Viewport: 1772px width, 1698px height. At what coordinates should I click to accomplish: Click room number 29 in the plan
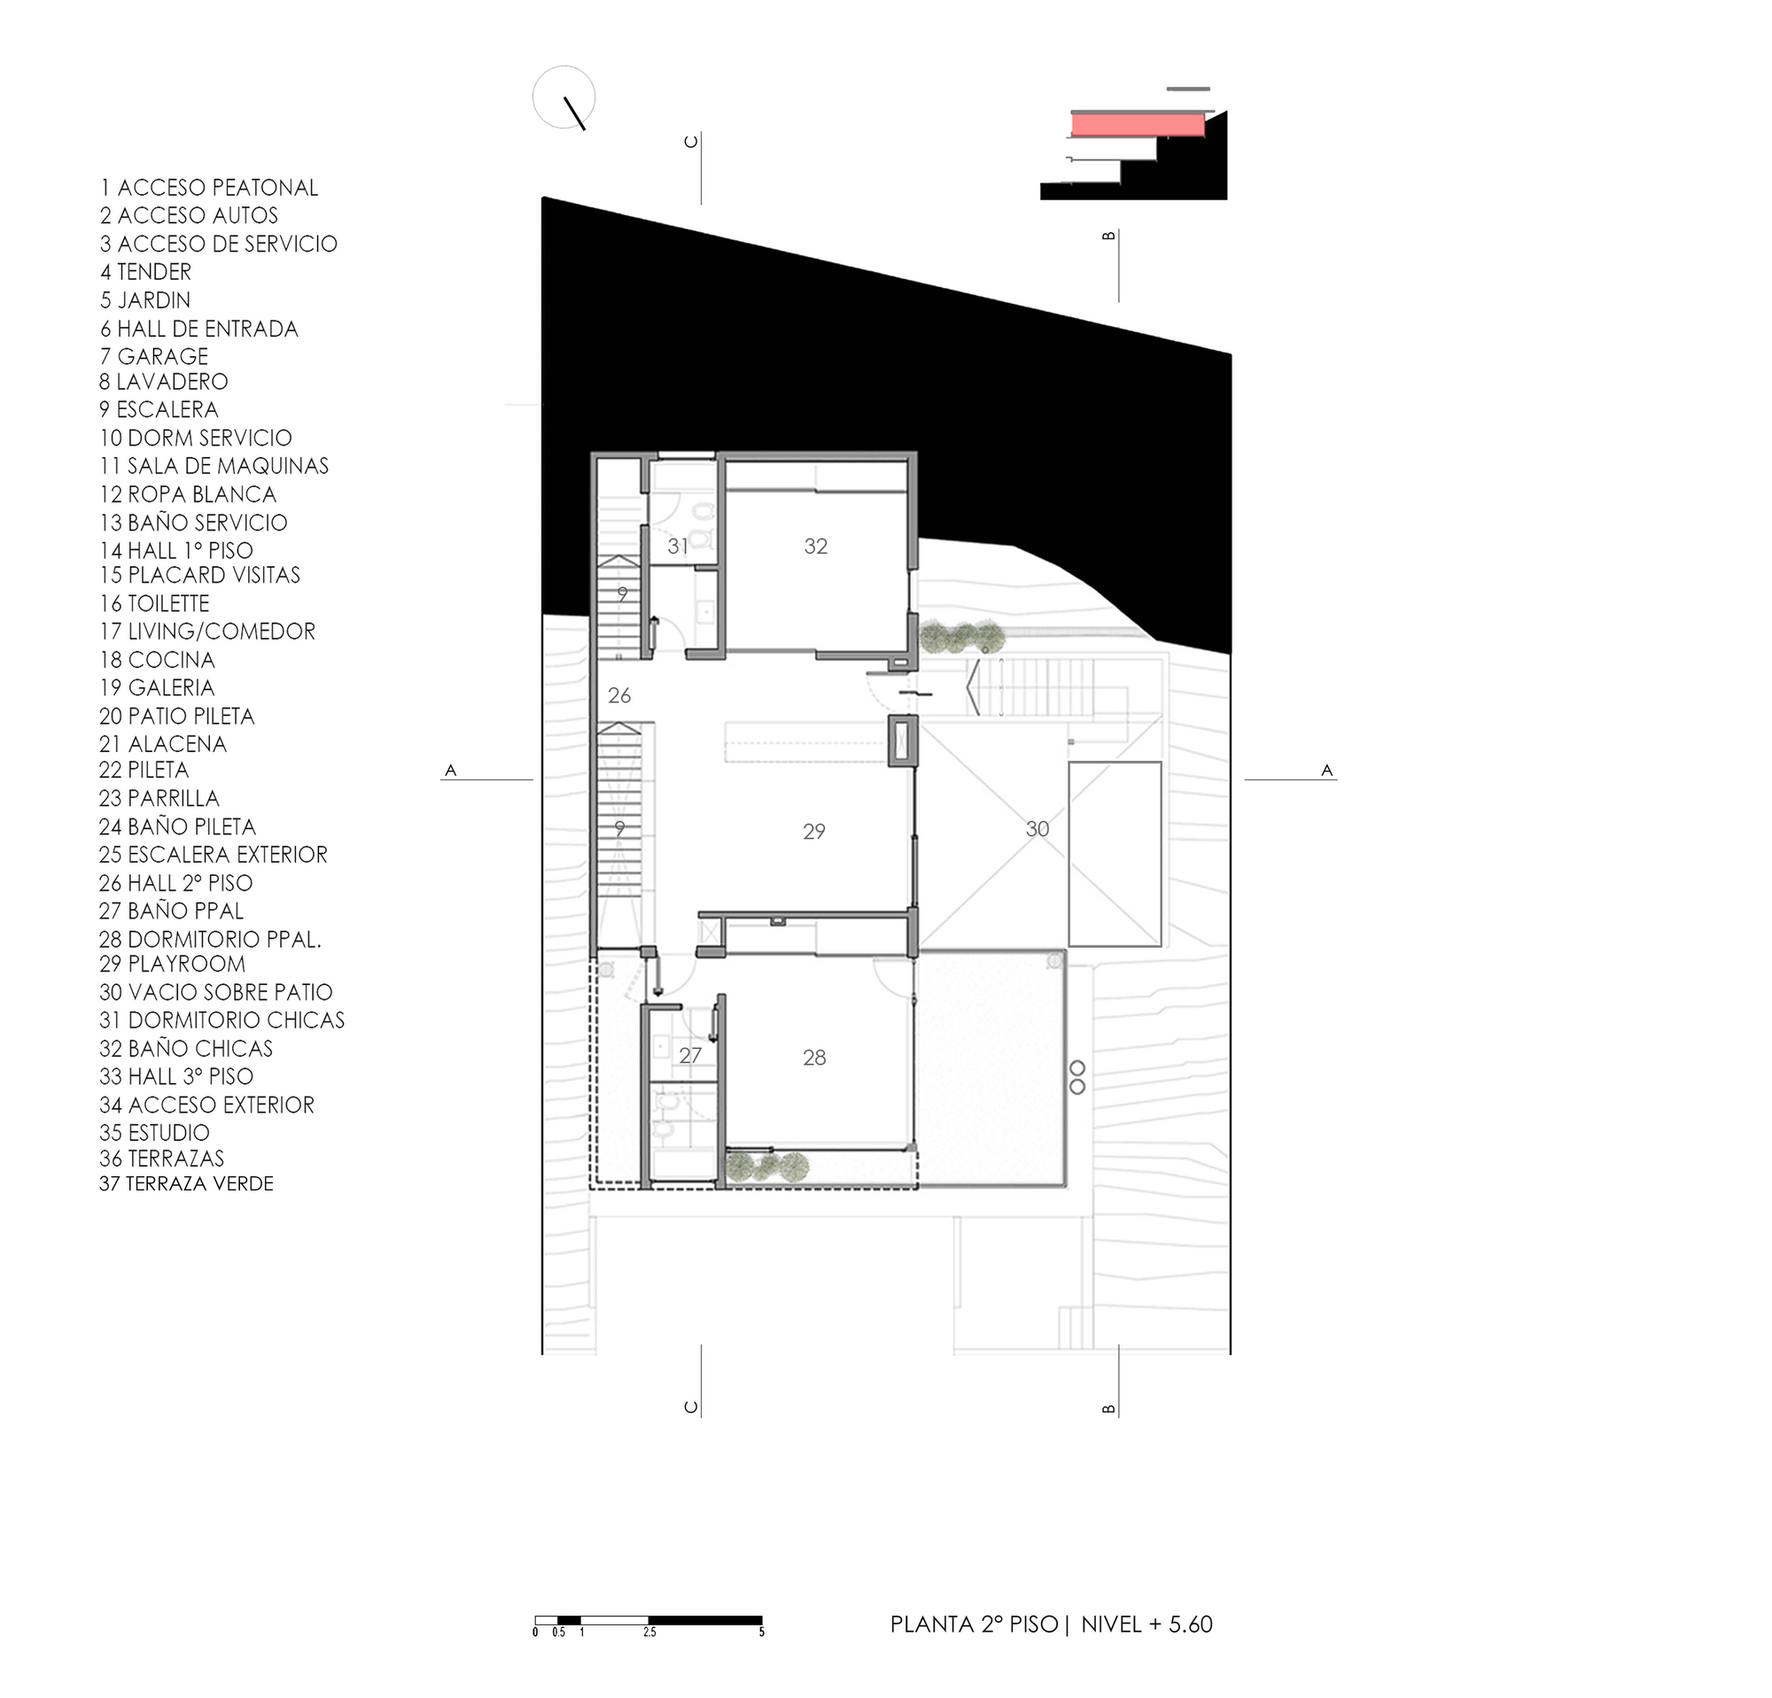click(x=813, y=832)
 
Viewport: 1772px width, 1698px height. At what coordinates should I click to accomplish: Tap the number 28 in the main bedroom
click(x=813, y=1058)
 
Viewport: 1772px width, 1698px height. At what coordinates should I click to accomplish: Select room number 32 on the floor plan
click(x=815, y=546)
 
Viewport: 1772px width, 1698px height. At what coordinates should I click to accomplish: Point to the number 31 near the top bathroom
click(x=677, y=546)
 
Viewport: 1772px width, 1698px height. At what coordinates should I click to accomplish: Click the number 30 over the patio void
click(x=1037, y=829)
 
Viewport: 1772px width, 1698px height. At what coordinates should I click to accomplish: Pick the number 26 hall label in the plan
click(x=619, y=695)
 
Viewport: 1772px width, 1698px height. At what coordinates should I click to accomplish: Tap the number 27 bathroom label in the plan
click(x=690, y=1056)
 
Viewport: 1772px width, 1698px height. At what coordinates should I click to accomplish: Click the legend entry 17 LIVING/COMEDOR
click(x=207, y=632)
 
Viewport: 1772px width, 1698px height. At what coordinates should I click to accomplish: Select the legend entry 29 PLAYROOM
click(x=172, y=965)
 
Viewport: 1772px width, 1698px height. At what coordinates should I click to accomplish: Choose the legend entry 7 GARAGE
click(x=153, y=356)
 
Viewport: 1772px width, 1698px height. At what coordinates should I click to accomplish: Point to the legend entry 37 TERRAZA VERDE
click(x=186, y=1183)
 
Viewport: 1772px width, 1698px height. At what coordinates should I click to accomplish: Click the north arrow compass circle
click(x=564, y=97)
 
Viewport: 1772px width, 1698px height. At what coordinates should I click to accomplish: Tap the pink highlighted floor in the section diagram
click(x=1138, y=124)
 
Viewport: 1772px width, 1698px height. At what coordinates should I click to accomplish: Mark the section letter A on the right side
click(x=1326, y=770)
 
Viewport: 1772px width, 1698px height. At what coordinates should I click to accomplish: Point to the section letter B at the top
click(x=1108, y=236)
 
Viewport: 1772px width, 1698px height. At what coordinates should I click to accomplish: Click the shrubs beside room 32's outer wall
click(x=962, y=637)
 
